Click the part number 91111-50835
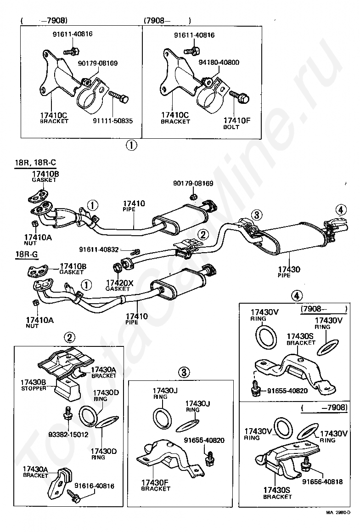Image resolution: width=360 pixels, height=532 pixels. click(112, 121)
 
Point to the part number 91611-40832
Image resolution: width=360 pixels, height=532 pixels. click(99, 250)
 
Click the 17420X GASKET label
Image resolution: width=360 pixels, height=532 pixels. click(119, 286)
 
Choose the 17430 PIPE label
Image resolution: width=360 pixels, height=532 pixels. click(288, 272)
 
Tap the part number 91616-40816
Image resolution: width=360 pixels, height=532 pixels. click(94, 486)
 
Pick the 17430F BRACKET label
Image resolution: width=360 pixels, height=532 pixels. click(156, 485)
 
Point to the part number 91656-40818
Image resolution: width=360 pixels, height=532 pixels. click(322, 481)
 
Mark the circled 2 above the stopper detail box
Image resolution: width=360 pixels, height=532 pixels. click(69, 338)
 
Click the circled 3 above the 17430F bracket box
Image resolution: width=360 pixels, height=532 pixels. click(183, 372)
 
